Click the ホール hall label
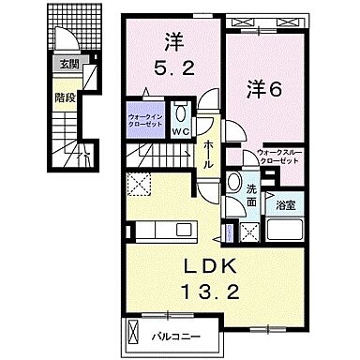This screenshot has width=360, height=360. [x=209, y=150]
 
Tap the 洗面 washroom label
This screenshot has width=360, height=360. [x=252, y=195]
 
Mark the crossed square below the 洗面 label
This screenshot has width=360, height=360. [x=250, y=231]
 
